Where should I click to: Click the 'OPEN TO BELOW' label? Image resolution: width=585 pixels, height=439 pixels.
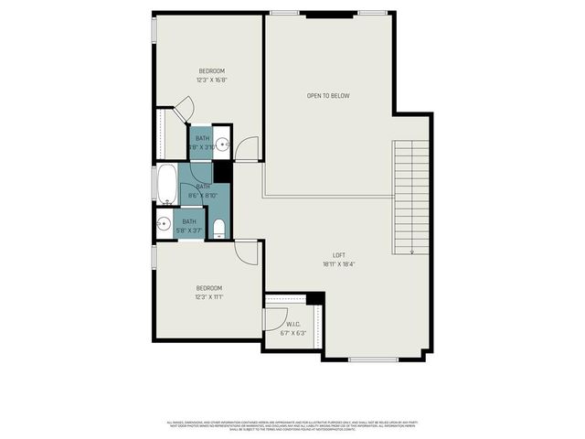[327, 95]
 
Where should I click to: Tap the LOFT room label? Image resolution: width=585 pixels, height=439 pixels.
[339, 255]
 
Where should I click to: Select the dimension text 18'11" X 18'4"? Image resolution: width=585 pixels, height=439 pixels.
[339, 264]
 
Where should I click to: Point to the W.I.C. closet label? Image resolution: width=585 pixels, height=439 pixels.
[293, 324]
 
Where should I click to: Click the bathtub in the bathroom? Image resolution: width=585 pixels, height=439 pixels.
[166, 186]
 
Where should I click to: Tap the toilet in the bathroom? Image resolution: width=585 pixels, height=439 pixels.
[218, 227]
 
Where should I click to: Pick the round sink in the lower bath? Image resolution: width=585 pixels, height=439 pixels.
[165, 224]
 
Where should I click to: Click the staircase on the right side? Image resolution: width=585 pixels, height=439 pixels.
[410, 197]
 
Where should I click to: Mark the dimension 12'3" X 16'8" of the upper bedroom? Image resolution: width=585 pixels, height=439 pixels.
[211, 80]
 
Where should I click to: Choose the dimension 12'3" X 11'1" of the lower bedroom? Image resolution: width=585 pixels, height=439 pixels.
[209, 296]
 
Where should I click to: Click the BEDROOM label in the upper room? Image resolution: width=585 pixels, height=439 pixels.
[212, 70]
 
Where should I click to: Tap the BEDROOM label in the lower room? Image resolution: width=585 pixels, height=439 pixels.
[209, 287]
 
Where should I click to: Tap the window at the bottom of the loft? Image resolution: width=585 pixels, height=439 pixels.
[373, 359]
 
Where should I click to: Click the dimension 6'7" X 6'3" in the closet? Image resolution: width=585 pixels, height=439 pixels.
[293, 333]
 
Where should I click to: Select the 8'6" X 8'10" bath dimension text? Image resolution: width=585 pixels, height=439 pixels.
[201, 195]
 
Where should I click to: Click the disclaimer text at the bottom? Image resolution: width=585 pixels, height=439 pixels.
[292, 425]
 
